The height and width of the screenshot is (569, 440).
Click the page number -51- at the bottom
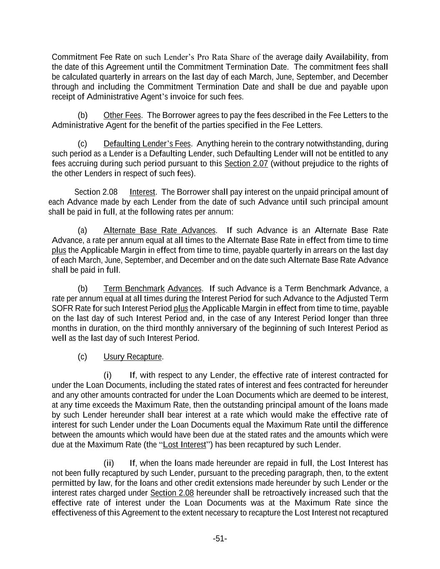coord(220,539)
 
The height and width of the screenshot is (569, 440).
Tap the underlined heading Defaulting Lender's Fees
coord(147,144)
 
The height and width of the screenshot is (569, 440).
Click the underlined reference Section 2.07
coord(246,164)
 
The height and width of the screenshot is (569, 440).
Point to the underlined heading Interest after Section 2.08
coord(142,192)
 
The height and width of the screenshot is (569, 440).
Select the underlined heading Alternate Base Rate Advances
coord(160,231)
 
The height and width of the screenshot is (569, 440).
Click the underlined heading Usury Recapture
coord(133,357)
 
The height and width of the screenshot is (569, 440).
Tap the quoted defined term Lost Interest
coord(184,445)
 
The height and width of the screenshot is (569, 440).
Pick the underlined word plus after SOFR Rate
coord(181,309)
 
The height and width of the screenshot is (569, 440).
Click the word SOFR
coord(61,309)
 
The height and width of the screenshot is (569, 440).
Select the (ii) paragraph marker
coord(108,464)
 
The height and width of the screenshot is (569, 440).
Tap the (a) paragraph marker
coord(82,231)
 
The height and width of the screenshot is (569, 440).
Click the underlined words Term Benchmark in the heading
coord(134,289)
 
